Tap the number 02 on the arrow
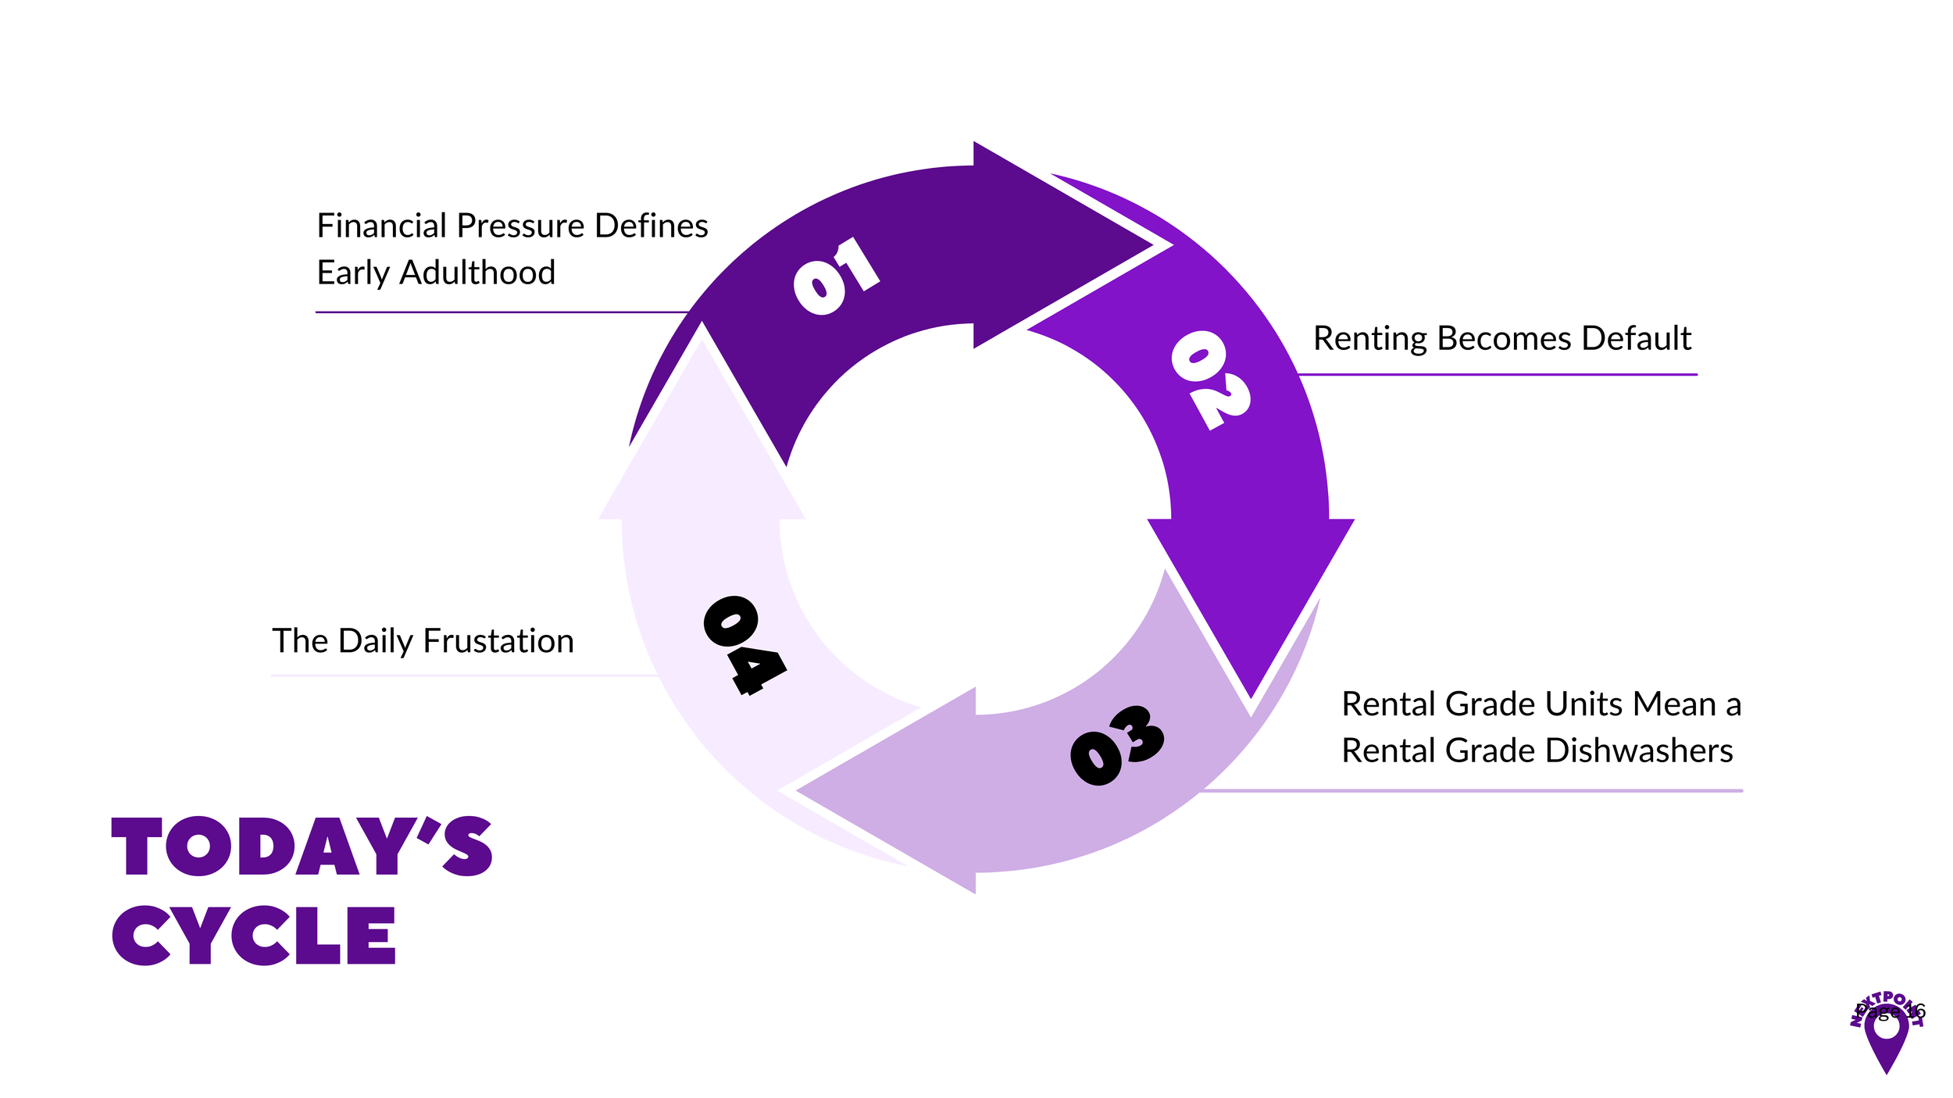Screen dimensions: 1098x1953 click(1210, 380)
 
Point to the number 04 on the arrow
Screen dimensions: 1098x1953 click(744, 645)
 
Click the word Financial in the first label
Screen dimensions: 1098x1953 click(381, 226)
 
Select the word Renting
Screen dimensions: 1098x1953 click(1369, 338)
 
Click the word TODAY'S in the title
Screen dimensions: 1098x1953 click(302, 847)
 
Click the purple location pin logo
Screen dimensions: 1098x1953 click(1886, 1039)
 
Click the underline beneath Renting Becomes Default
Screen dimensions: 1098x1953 click(1497, 375)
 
